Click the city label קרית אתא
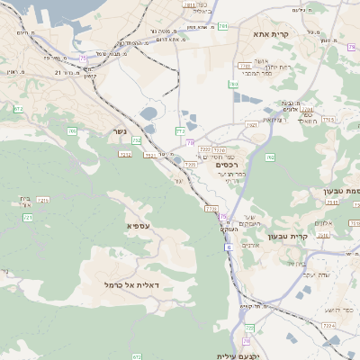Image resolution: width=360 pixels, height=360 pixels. click(x=271, y=33)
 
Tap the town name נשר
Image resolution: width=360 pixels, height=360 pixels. click(x=119, y=130)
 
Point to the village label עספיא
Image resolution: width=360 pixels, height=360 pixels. click(x=139, y=225)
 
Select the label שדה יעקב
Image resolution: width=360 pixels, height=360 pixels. click(x=311, y=274)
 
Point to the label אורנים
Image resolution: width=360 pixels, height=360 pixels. click(x=252, y=245)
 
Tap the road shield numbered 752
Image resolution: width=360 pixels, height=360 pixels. click(x=137, y=140)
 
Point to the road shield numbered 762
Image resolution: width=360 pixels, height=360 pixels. click(x=270, y=157)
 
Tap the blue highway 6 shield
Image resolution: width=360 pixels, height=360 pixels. click(x=229, y=247)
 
